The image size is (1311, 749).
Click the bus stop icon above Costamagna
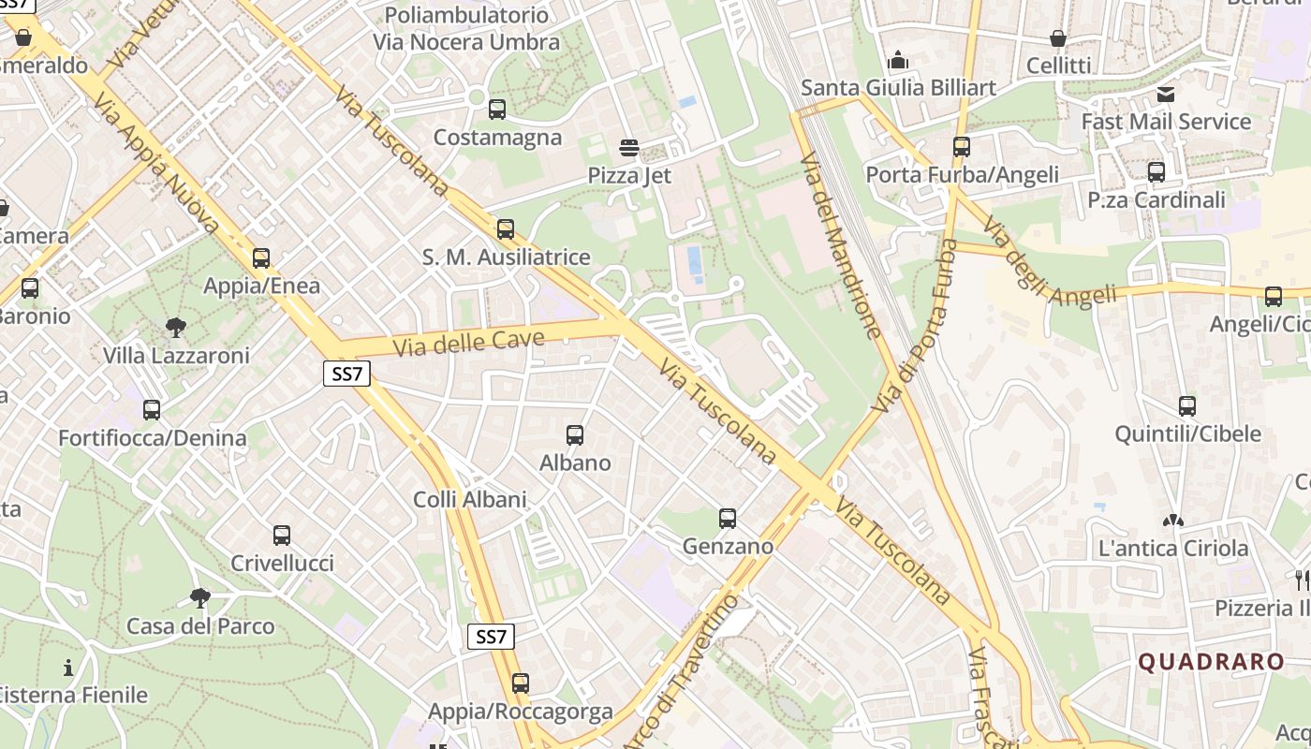coord(497,110)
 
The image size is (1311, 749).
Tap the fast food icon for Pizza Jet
coord(629,148)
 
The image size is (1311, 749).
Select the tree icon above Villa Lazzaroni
coord(175,328)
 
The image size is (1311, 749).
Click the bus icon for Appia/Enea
coord(261,257)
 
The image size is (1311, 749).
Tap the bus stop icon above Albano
coord(575,434)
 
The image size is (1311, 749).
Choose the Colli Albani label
coord(470,500)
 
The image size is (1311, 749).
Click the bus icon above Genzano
coord(728,518)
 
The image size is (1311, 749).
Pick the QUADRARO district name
coord(1211,662)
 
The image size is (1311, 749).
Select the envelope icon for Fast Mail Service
coord(1166,94)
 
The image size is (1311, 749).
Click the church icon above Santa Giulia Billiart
coord(898,61)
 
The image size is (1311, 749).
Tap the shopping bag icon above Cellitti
coord(1058,38)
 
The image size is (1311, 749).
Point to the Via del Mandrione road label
coord(840,243)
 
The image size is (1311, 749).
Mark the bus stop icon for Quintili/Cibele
coord(1187,406)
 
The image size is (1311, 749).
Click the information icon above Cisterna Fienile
coord(68,668)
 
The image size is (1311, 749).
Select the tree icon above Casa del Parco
coord(199,597)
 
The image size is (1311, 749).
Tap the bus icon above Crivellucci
coord(282,536)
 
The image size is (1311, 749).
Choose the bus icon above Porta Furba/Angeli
coord(962,147)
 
